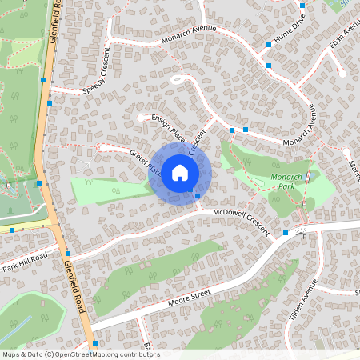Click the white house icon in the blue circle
180,172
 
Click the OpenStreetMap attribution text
80,354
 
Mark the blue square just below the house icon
198,194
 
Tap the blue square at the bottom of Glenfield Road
95,343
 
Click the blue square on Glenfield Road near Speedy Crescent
50,103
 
